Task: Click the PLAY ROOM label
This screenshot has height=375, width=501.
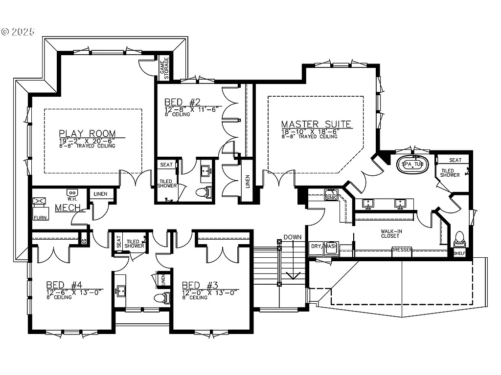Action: point(88,133)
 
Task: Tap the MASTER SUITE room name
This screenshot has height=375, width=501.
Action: point(316,124)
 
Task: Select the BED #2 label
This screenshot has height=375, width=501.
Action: point(182,102)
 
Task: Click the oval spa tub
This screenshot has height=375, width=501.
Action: point(412,164)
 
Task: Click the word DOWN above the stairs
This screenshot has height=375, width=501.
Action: point(293,237)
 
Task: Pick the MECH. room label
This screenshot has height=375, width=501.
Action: point(67,208)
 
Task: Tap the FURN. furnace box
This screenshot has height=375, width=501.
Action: point(40,208)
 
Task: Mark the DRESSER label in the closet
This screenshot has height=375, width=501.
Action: point(402,250)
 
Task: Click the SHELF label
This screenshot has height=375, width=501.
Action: point(459,253)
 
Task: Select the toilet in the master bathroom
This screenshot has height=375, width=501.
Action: point(459,238)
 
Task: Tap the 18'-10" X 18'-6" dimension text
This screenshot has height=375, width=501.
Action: point(309,131)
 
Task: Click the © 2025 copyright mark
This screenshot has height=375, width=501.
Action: point(18,32)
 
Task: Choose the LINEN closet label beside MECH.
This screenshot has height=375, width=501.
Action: point(100,194)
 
